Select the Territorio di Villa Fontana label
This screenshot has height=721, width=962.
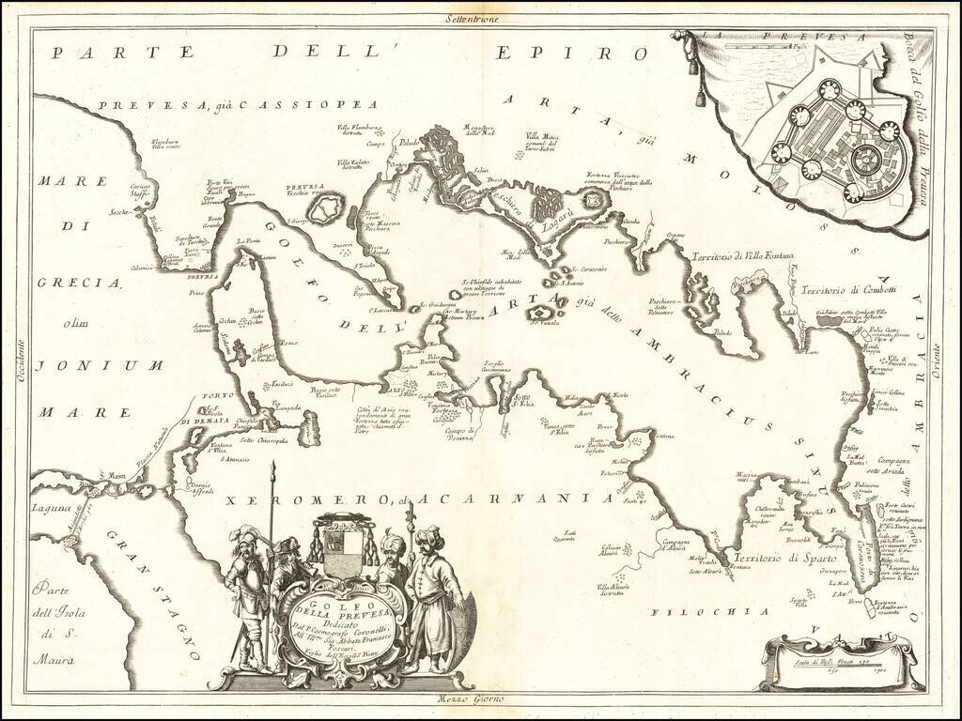[x=742, y=256]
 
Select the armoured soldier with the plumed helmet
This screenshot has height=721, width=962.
[x=246, y=591]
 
